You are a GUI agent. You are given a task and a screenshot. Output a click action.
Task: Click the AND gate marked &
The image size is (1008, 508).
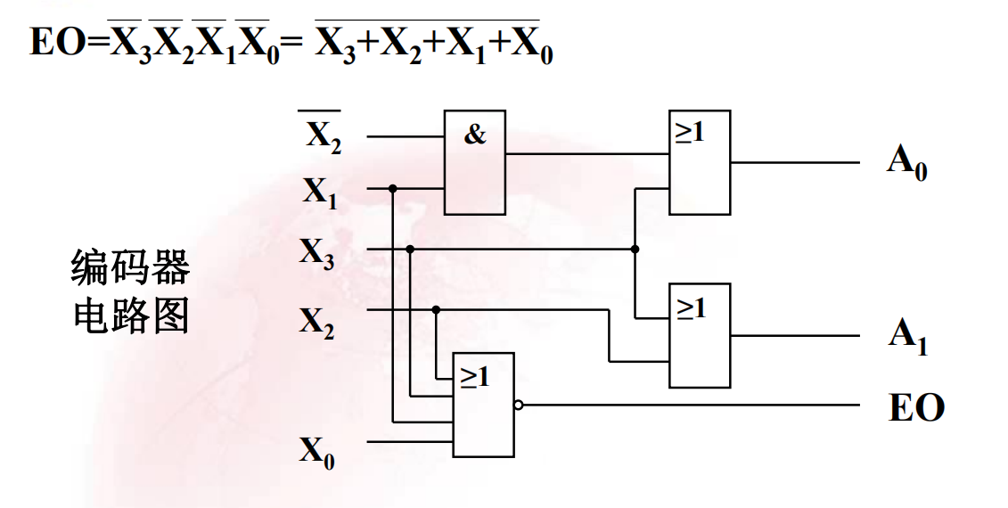(x=475, y=162)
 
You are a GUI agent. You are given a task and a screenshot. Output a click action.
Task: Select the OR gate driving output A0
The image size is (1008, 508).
(x=700, y=162)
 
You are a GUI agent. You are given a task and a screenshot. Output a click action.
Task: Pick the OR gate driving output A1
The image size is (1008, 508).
(x=700, y=335)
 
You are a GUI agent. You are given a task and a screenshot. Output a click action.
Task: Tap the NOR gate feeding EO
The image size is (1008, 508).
(x=483, y=405)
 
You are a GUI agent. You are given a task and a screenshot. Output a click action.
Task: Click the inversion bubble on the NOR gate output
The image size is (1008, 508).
(x=519, y=405)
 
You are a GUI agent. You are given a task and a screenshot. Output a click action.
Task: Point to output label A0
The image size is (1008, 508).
(x=906, y=163)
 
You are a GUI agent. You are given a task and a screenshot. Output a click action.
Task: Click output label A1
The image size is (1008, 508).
(x=907, y=336)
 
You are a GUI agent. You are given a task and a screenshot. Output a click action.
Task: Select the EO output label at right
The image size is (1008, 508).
(x=916, y=407)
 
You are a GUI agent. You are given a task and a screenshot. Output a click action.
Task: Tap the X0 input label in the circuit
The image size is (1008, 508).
(x=316, y=453)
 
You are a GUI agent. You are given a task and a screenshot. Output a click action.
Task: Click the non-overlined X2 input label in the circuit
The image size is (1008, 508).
(x=316, y=321)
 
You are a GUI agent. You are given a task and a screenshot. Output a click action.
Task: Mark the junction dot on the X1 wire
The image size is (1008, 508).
(x=393, y=188)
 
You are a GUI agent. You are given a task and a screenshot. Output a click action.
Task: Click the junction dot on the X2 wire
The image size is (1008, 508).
(x=436, y=310)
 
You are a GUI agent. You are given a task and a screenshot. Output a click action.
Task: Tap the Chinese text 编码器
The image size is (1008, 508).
(x=130, y=268)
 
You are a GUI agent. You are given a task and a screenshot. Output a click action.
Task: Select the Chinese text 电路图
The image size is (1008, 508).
(x=130, y=315)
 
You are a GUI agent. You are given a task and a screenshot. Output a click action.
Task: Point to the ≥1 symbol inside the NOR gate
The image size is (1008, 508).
(x=474, y=376)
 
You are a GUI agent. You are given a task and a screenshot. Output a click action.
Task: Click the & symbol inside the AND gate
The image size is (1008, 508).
(x=475, y=135)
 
